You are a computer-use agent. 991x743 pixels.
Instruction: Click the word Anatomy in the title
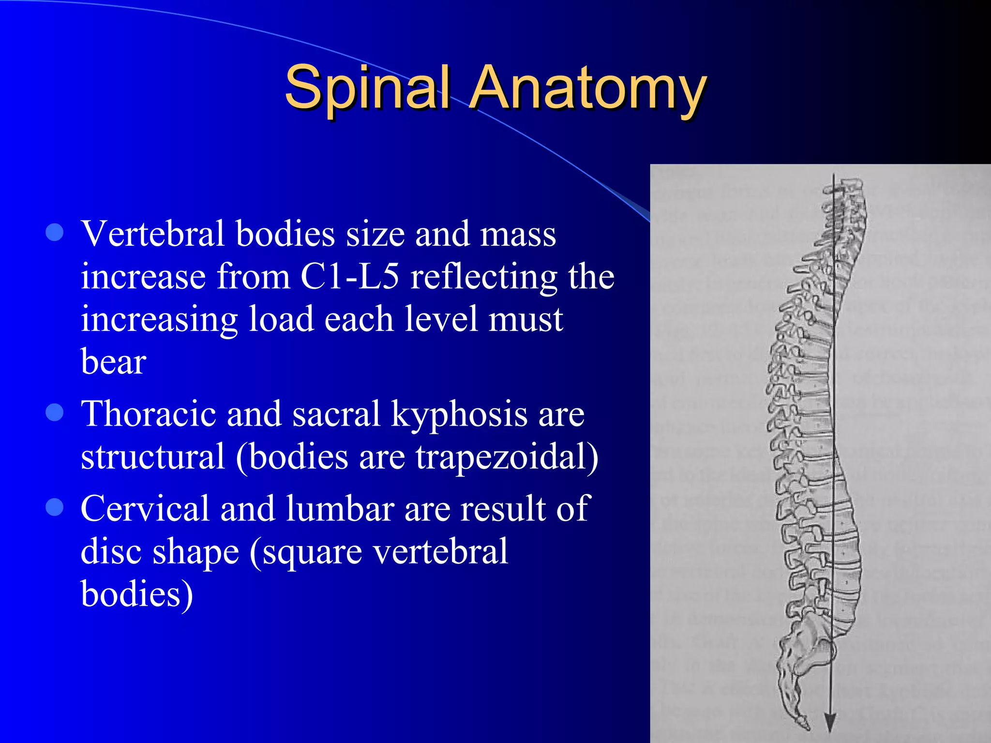[587, 88]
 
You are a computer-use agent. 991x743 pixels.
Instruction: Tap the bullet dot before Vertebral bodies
[55, 232]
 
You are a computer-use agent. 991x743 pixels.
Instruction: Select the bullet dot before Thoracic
[55, 412]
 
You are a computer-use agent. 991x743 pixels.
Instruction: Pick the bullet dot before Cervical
[55, 507]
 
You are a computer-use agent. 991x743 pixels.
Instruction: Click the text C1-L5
[349, 277]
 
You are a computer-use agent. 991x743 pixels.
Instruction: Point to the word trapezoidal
[506, 457]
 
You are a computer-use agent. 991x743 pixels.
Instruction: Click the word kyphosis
[459, 414]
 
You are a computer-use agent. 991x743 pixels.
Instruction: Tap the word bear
[113, 362]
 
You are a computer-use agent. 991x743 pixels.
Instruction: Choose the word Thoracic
[148, 414]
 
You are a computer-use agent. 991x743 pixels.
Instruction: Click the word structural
[152, 457]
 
